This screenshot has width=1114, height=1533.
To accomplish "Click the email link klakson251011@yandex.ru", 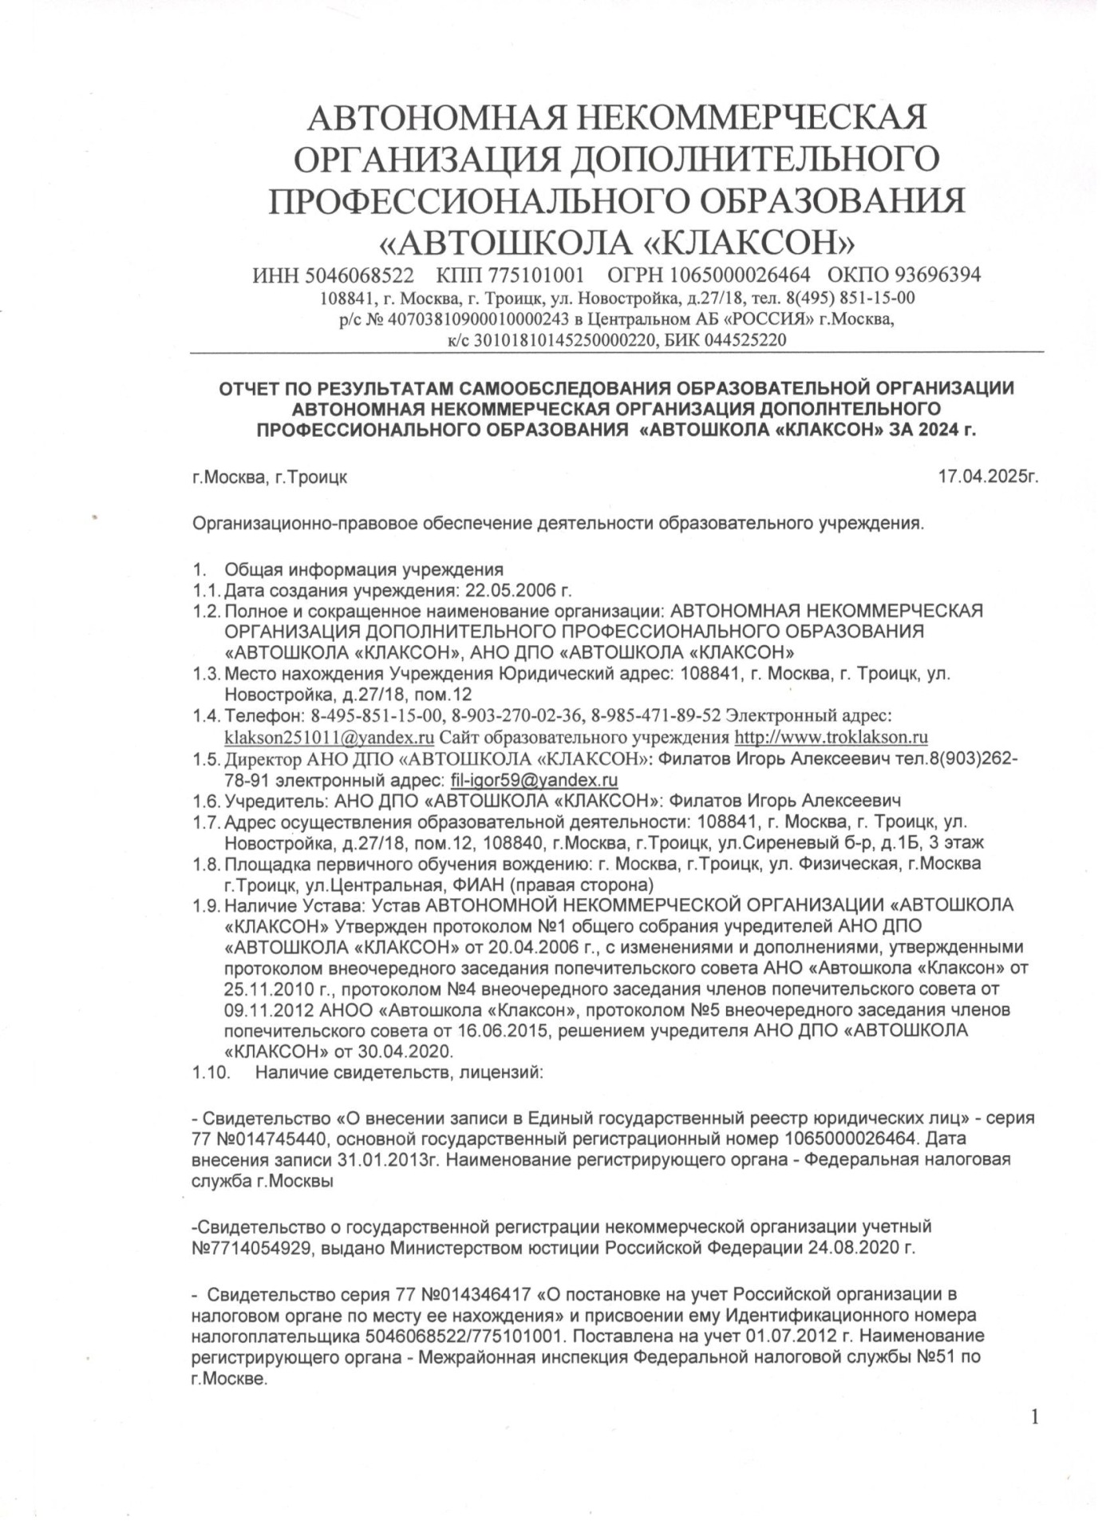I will coord(330,736).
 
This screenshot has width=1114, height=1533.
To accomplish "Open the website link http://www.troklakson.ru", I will coord(831,736).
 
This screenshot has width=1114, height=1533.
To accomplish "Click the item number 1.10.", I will coord(211,1072).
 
